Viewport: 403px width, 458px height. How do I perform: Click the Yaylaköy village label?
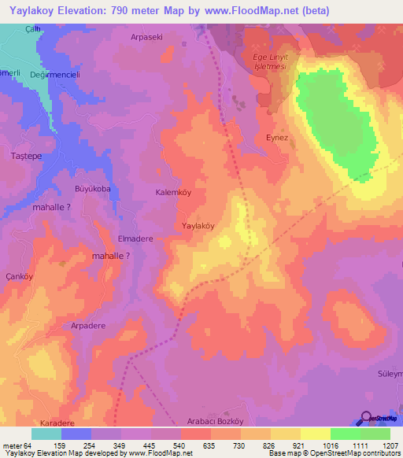(198, 225)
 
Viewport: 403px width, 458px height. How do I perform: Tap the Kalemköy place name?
(174, 192)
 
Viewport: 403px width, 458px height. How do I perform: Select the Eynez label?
(278, 137)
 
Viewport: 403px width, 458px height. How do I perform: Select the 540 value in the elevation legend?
(181, 447)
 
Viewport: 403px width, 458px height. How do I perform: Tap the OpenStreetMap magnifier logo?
(365, 419)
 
